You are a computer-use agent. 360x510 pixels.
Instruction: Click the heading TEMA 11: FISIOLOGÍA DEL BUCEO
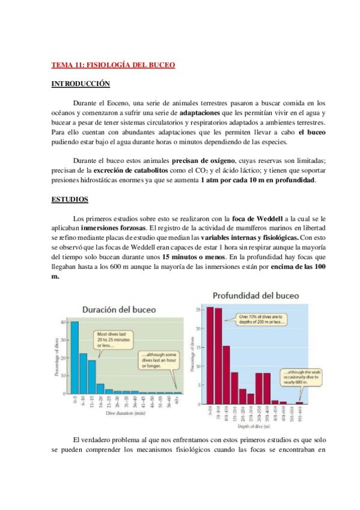[x=113, y=65]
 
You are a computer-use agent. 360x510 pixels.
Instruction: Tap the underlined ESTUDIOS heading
[x=70, y=198]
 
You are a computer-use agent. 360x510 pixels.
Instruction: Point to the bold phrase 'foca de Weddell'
[x=254, y=218]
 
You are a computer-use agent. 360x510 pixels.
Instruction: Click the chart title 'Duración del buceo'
[x=118, y=310]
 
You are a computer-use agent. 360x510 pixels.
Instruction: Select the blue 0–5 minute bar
[x=75, y=357]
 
